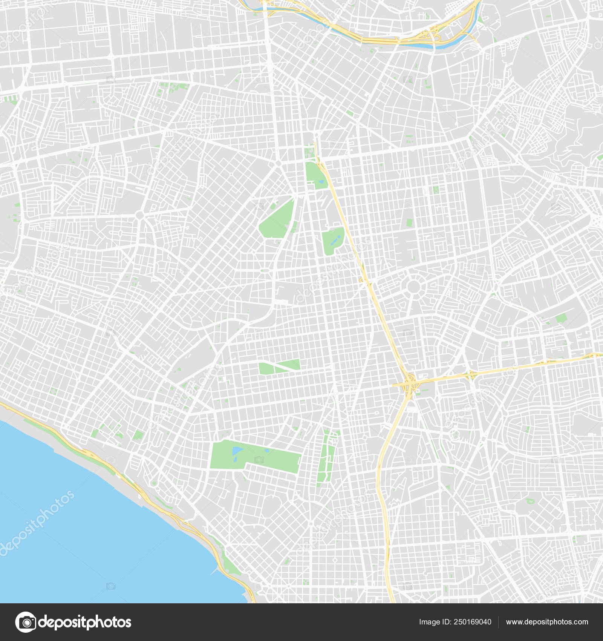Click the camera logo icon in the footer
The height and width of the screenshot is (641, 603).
26,622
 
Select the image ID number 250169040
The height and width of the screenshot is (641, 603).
472,622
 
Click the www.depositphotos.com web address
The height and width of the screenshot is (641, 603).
547,622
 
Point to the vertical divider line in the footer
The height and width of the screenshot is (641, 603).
498,622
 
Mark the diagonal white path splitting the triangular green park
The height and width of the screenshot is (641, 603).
279,366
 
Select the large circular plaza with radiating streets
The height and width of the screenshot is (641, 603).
413,287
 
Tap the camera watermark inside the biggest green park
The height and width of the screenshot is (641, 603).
259,459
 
